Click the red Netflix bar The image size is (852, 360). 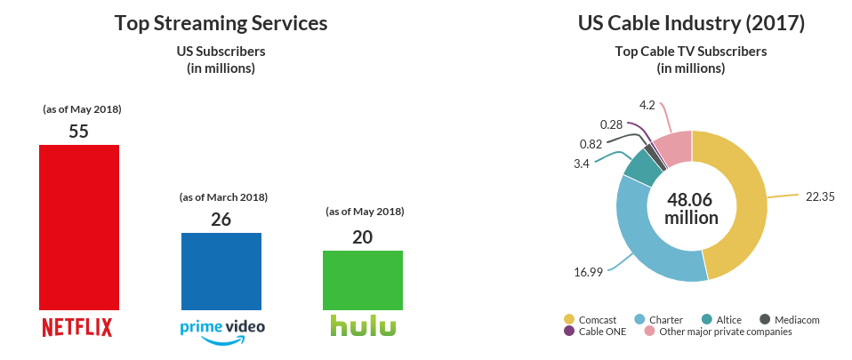coord(79,227)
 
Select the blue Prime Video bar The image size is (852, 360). coord(221,271)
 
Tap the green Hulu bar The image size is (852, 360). coord(362,280)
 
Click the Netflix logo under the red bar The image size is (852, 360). coord(78,326)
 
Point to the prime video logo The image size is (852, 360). coord(221,328)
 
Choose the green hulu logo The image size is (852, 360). coord(362,325)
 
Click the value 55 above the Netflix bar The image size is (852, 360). coord(79,131)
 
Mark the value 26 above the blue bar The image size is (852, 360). coord(221,219)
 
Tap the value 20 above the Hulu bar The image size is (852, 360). coord(362,236)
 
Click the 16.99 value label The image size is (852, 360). coord(588,271)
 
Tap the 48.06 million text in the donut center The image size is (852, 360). coord(691,208)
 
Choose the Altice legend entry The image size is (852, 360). coord(721,319)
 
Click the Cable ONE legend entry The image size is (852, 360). coord(596,332)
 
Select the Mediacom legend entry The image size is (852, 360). coord(789,319)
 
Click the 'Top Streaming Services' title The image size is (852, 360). coord(221,23)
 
